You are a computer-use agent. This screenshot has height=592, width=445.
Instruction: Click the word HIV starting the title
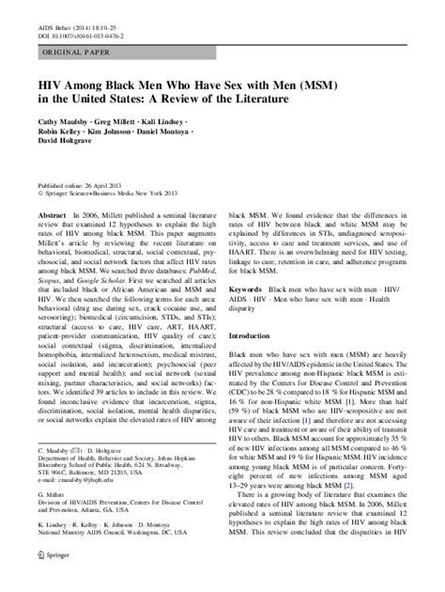[49, 88]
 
